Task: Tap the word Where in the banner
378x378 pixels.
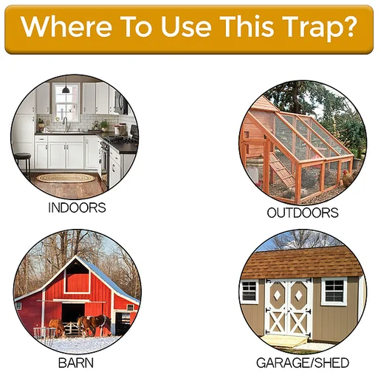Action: click(63, 27)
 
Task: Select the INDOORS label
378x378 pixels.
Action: click(77, 207)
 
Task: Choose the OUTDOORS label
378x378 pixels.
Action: click(302, 213)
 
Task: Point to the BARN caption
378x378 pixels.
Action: click(75, 363)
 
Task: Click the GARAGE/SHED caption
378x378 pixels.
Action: click(302, 363)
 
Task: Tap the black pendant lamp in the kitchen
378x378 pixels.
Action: click(66, 89)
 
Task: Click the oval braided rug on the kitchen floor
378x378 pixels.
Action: click(66, 178)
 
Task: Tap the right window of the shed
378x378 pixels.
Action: click(334, 291)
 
